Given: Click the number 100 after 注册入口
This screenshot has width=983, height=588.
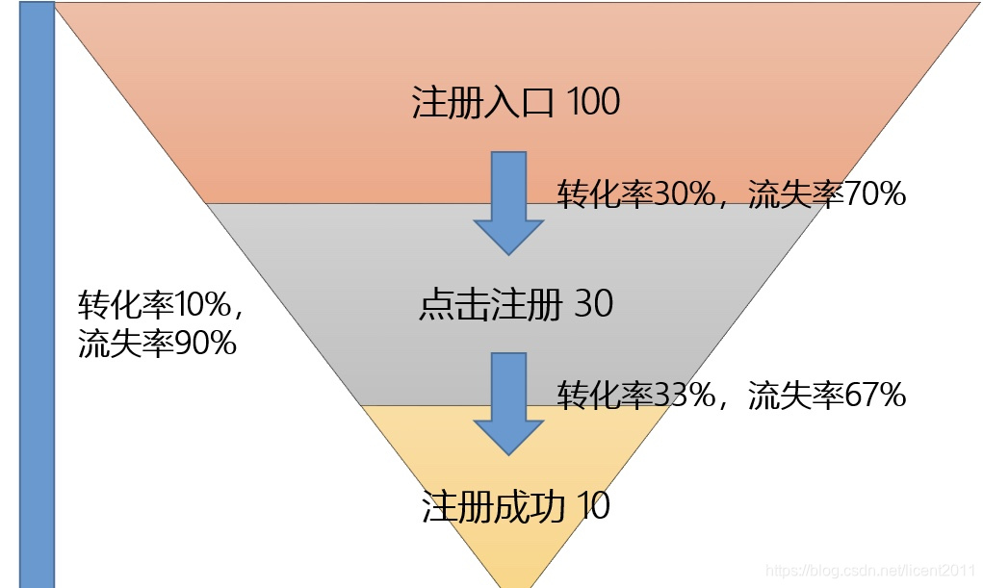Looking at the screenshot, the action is click(593, 102).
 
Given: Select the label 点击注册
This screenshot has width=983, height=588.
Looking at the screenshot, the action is click(491, 305).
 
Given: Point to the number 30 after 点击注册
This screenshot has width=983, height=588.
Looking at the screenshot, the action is click(593, 305).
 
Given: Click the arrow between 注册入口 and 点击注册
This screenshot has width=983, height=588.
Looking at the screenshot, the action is click(508, 202).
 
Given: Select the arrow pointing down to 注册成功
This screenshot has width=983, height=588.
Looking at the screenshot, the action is click(508, 403).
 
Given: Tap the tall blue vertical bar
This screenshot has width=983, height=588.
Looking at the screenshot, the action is click(38, 294).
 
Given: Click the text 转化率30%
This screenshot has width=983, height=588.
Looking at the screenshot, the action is click(634, 195).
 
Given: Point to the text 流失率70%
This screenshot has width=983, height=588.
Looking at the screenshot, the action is click(827, 195).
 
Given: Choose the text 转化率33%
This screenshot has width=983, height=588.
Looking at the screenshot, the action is click(634, 395).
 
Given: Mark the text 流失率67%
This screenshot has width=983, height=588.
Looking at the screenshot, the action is click(827, 395).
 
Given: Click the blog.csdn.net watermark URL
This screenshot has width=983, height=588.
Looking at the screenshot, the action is click(876, 571).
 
